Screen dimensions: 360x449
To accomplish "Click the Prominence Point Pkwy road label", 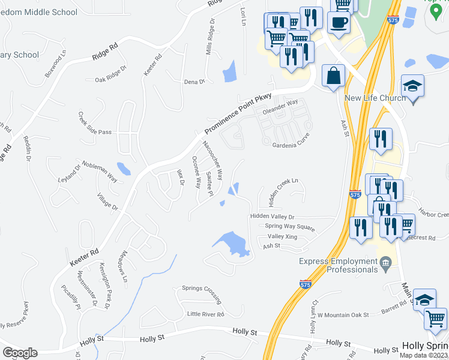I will (x=238, y=113).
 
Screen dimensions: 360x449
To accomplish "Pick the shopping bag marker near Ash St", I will (x=333, y=76).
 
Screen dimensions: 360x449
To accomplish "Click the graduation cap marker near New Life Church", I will (x=413, y=86).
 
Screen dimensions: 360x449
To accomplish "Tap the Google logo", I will (x=20, y=352).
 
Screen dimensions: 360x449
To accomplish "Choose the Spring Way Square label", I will (x=290, y=226).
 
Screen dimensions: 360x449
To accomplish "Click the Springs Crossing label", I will (x=202, y=294).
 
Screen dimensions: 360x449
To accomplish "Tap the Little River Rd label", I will (x=205, y=314).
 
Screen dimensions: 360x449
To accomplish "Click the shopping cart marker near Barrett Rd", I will (x=436, y=318).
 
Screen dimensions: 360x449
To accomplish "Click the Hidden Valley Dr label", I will (x=273, y=216).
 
